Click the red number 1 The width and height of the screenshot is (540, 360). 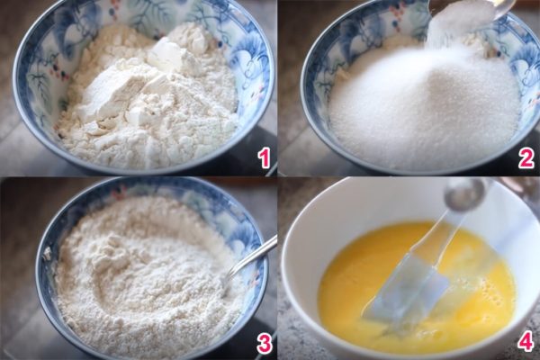[263, 158]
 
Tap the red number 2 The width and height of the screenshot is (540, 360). [526, 158]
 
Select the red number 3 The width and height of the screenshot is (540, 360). [263, 342]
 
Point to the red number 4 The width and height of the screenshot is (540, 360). [526, 342]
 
